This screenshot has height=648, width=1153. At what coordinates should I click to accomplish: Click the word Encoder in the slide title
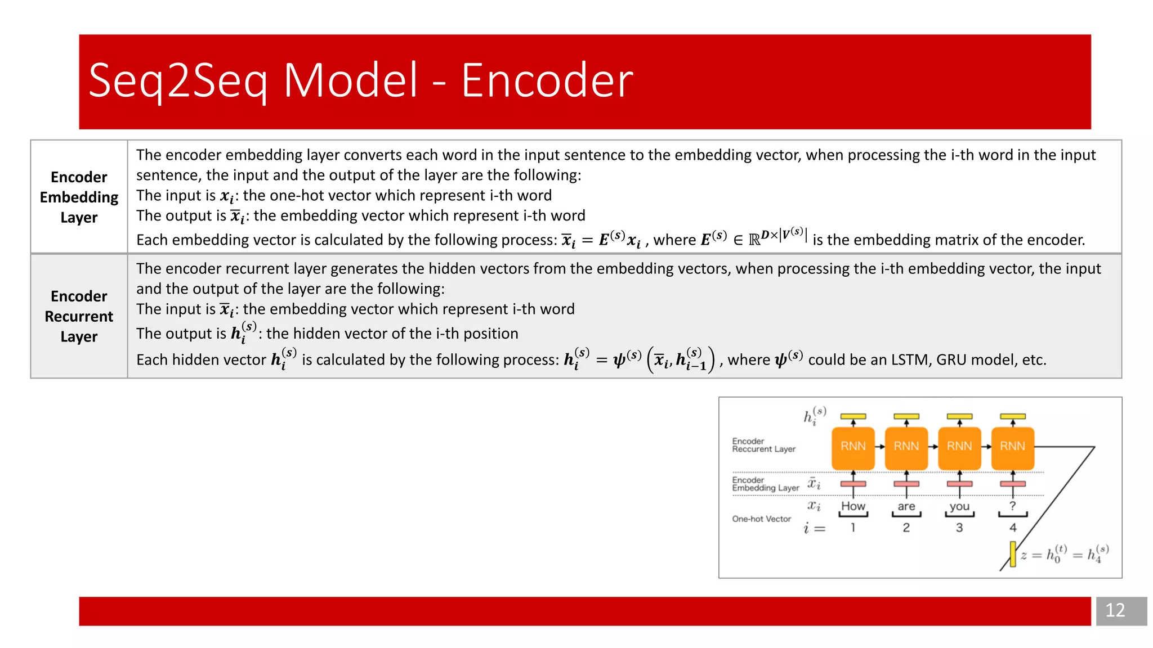coord(547,80)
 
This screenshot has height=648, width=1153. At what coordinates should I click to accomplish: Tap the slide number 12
coord(1115,610)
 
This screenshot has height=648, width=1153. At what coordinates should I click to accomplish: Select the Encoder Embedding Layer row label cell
coord(79,197)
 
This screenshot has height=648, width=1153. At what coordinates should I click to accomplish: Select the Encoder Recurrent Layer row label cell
coord(79,316)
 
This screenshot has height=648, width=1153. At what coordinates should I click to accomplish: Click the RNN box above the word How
coord(853,447)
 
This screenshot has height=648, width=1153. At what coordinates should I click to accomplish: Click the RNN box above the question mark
coord(1012,447)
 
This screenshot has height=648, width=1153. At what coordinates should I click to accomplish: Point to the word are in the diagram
coord(906,506)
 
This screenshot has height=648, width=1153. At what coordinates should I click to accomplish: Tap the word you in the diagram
coord(959,506)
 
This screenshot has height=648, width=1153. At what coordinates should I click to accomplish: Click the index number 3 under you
coord(959,528)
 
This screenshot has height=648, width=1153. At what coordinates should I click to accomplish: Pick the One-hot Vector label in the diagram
coord(761,519)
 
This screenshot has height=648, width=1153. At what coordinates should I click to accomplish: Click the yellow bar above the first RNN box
coord(853,416)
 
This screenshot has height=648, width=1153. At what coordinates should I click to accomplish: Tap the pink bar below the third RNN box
coord(959,484)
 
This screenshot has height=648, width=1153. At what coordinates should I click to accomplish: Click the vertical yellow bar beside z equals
coord(1013,554)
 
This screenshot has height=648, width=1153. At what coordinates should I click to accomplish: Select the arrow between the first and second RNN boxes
coord(879,447)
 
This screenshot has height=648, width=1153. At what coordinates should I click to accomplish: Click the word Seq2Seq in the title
coord(178,80)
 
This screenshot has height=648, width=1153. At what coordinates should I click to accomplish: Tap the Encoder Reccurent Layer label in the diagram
coord(763,445)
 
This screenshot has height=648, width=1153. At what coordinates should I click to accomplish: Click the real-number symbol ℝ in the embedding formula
coord(754,241)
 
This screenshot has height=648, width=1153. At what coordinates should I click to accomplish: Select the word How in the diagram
coord(853,506)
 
